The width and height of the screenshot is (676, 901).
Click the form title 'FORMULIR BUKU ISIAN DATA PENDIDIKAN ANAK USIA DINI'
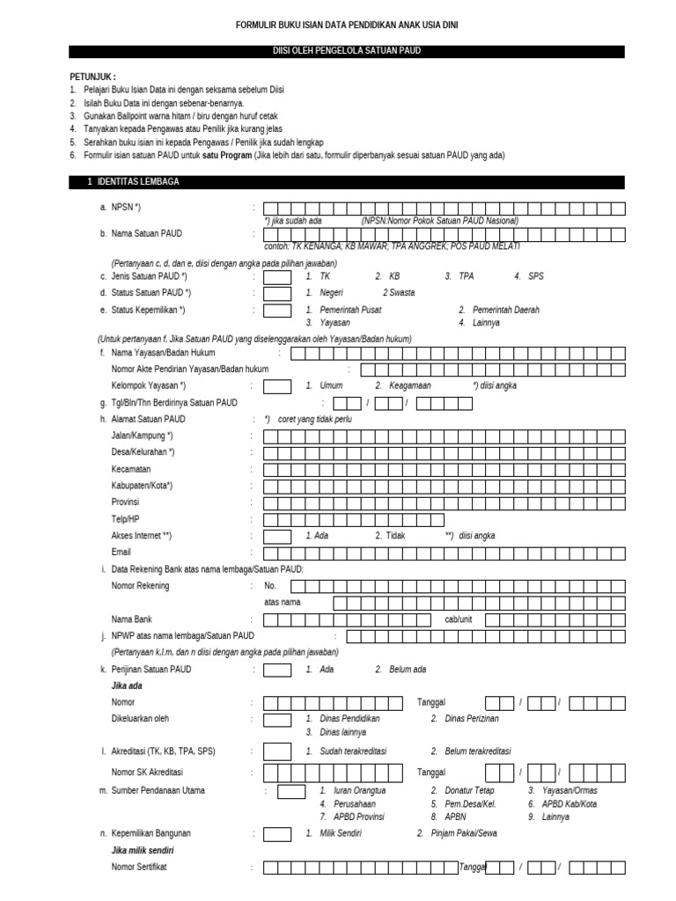[x=346, y=26]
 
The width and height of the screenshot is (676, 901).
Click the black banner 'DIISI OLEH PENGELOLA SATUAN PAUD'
[x=346, y=52]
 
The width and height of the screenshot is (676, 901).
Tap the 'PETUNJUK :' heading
[x=92, y=77]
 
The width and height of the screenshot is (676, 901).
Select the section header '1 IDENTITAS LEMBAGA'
[x=140, y=182]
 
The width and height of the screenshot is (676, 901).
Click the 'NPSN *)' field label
[x=126, y=209]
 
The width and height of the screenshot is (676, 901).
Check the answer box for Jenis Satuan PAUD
[x=277, y=276]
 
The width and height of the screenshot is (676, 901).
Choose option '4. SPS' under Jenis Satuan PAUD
[x=529, y=276]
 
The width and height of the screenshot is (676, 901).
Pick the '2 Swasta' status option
[x=398, y=293]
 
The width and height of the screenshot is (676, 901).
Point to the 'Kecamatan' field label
[x=131, y=469]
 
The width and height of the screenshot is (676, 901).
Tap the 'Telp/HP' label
[x=126, y=519]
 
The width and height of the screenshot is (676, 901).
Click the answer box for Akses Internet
[x=277, y=536]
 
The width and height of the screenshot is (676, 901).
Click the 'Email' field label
[x=121, y=553]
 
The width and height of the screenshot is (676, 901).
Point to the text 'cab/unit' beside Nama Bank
[x=459, y=619]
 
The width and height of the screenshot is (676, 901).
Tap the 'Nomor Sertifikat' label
[x=139, y=868]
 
